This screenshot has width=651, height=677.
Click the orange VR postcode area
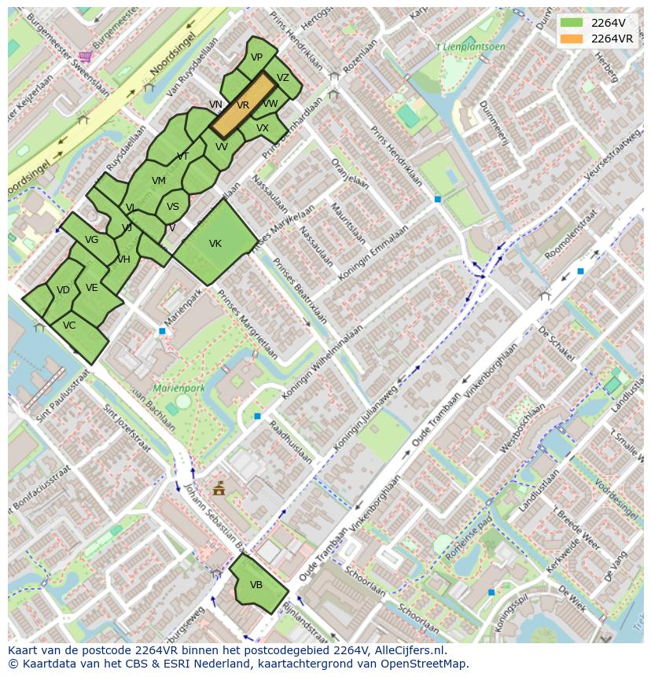point(243,105)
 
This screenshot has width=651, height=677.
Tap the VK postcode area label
point(215,244)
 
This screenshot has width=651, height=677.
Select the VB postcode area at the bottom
point(256,585)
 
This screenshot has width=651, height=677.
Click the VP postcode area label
point(256,57)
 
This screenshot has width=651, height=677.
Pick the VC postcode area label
point(69,326)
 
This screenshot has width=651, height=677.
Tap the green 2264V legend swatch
point(572,22)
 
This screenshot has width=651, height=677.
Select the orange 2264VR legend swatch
point(572,38)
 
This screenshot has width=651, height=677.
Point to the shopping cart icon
point(85,56)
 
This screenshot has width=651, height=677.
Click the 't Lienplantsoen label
point(470,47)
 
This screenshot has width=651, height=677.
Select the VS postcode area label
point(173,207)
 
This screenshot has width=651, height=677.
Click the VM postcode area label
point(159,181)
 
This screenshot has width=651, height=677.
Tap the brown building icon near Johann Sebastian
point(219,489)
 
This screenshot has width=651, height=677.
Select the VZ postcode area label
point(283,78)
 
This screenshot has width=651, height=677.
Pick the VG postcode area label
point(91,240)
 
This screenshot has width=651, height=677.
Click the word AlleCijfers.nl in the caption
point(408,650)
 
